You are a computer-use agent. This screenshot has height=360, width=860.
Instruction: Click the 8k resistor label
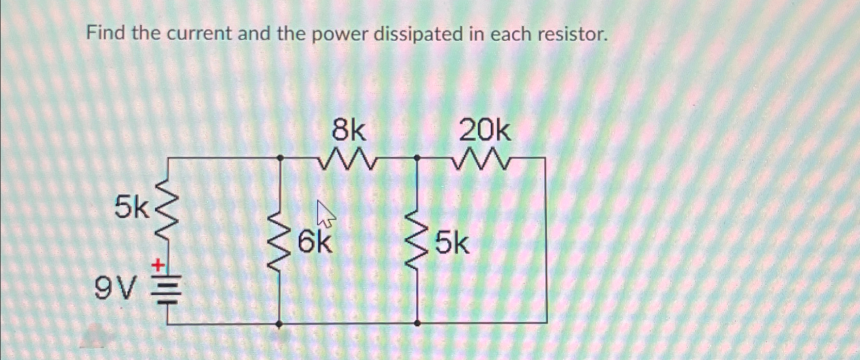[349, 131]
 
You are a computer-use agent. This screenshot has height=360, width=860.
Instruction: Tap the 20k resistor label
[485, 131]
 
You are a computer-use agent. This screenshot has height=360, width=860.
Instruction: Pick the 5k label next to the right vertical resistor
[452, 244]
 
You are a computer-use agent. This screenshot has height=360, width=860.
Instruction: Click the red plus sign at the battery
[157, 266]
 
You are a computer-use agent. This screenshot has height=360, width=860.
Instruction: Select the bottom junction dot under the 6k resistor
[280, 324]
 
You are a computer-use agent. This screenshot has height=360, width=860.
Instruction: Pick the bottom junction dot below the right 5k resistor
[417, 324]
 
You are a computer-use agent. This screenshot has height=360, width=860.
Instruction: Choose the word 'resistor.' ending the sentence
[572, 34]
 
